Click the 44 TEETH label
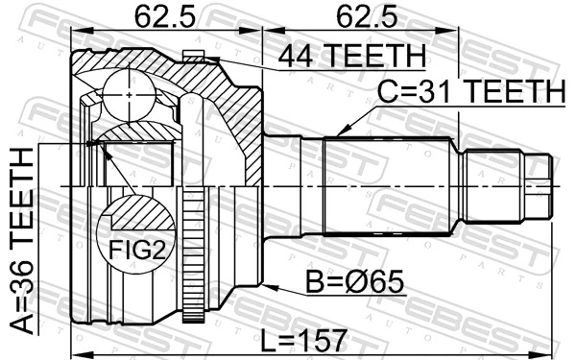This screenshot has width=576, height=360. point(350,57)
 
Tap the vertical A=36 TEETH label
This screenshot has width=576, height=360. point(20,240)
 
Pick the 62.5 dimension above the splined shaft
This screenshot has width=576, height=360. point(360,17)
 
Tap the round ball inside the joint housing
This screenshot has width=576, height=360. point(131,93)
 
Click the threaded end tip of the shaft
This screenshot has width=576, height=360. point(541,184)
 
